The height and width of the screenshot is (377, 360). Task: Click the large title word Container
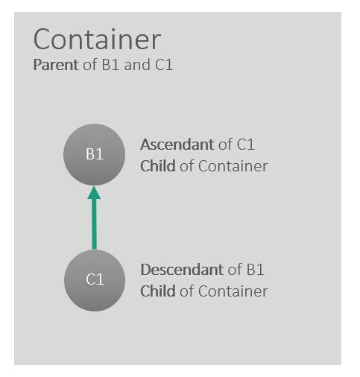97,39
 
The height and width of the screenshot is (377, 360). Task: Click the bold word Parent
56,65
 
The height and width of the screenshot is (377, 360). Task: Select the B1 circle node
94,154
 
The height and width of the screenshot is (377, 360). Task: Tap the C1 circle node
95,280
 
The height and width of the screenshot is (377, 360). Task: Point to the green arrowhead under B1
94,193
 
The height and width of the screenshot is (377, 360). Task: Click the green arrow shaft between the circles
95,224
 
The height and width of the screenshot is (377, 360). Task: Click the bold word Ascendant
177,145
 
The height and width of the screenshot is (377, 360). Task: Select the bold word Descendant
182,270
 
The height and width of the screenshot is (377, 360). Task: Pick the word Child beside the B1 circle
158,166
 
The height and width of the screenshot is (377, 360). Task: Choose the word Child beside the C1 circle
158,291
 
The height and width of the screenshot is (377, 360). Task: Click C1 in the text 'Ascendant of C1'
245,145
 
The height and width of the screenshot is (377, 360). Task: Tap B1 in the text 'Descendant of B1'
255,270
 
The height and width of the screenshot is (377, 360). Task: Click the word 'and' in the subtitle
137,65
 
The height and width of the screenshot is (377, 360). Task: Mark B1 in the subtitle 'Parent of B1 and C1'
110,65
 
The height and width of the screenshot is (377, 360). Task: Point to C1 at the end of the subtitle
164,65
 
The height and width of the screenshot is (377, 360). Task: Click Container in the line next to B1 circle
233,166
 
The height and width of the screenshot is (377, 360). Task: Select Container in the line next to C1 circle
233,291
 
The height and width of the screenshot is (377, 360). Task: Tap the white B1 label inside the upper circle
95,154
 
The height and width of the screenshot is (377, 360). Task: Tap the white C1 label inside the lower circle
95,279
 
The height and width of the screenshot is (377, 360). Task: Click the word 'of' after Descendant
235,270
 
